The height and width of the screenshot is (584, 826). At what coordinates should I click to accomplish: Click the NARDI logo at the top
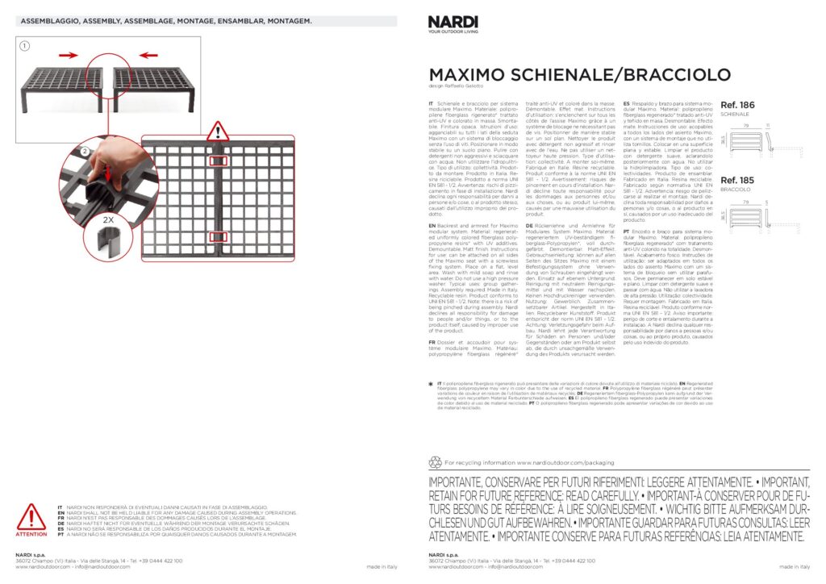pyautogui.click(x=454, y=25)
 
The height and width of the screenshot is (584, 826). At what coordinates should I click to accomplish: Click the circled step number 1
pyautogui.click(x=25, y=46)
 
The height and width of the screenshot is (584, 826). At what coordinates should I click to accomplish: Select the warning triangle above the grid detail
pyautogui.click(x=218, y=131)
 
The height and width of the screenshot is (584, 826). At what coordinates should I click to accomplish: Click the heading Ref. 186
pyautogui.click(x=736, y=106)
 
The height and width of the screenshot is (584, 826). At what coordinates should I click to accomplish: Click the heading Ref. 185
pyautogui.click(x=736, y=180)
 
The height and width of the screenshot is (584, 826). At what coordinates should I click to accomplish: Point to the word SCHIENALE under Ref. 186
pyautogui.click(x=735, y=115)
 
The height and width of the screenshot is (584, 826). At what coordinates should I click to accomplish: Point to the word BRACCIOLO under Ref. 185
pyautogui.click(x=735, y=190)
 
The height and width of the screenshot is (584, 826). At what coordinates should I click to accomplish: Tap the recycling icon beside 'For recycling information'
pyautogui.click(x=436, y=463)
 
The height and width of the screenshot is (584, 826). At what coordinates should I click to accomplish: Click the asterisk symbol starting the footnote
pyautogui.click(x=432, y=383)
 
